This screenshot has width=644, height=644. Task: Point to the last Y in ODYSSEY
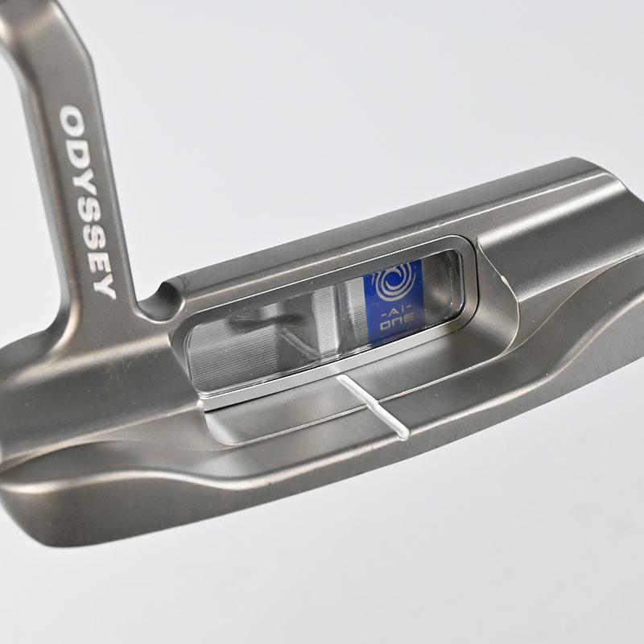click(105, 287)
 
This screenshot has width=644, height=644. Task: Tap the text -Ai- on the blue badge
click(394, 304)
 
